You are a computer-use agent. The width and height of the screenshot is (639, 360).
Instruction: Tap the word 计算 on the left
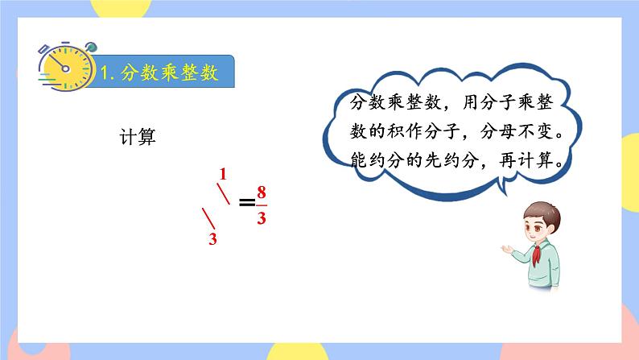coord(135,137)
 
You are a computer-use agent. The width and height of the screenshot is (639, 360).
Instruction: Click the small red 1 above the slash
coord(223,174)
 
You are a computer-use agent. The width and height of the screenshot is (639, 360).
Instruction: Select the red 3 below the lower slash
coord(213,239)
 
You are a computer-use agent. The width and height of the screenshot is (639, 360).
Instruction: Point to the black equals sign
coord(246,203)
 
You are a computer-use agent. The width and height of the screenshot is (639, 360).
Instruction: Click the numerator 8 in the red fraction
coord(261,192)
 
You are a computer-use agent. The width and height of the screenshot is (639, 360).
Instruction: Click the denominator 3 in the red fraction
coord(261,217)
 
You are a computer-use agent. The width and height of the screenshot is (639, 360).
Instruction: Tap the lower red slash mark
coord(208,219)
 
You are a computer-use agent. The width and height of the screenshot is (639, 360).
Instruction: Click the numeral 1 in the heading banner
coord(106,73)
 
